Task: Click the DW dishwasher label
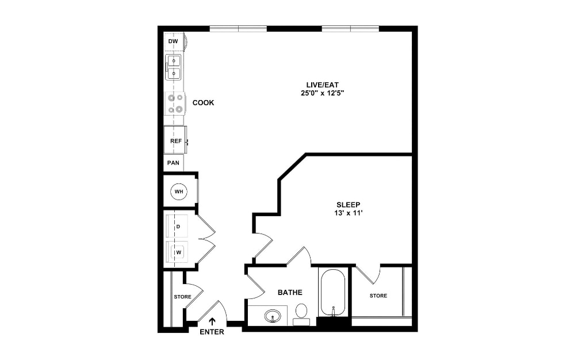(x=173, y=42)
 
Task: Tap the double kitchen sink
(x=173, y=67)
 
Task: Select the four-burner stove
(x=175, y=104)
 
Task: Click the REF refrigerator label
(x=175, y=141)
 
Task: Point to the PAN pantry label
(x=173, y=163)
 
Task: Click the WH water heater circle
(x=179, y=190)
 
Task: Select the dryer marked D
(x=178, y=227)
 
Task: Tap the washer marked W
(x=178, y=252)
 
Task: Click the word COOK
(x=203, y=103)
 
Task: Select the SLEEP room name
(x=348, y=205)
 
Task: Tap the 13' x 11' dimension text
(x=349, y=213)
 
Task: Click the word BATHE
(x=290, y=293)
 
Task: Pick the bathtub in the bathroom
(x=333, y=292)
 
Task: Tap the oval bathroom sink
(x=273, y=316)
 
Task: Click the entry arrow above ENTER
(x=212, y=322)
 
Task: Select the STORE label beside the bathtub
(x=378, y=296)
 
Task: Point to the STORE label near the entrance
(x=182, y=297)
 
